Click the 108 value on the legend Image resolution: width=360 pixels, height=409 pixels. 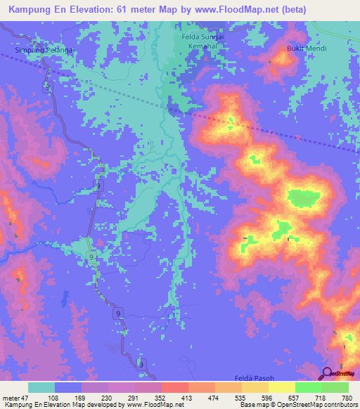[x=52, y=397]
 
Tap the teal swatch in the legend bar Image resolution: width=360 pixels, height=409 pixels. [x=41, y=387]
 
